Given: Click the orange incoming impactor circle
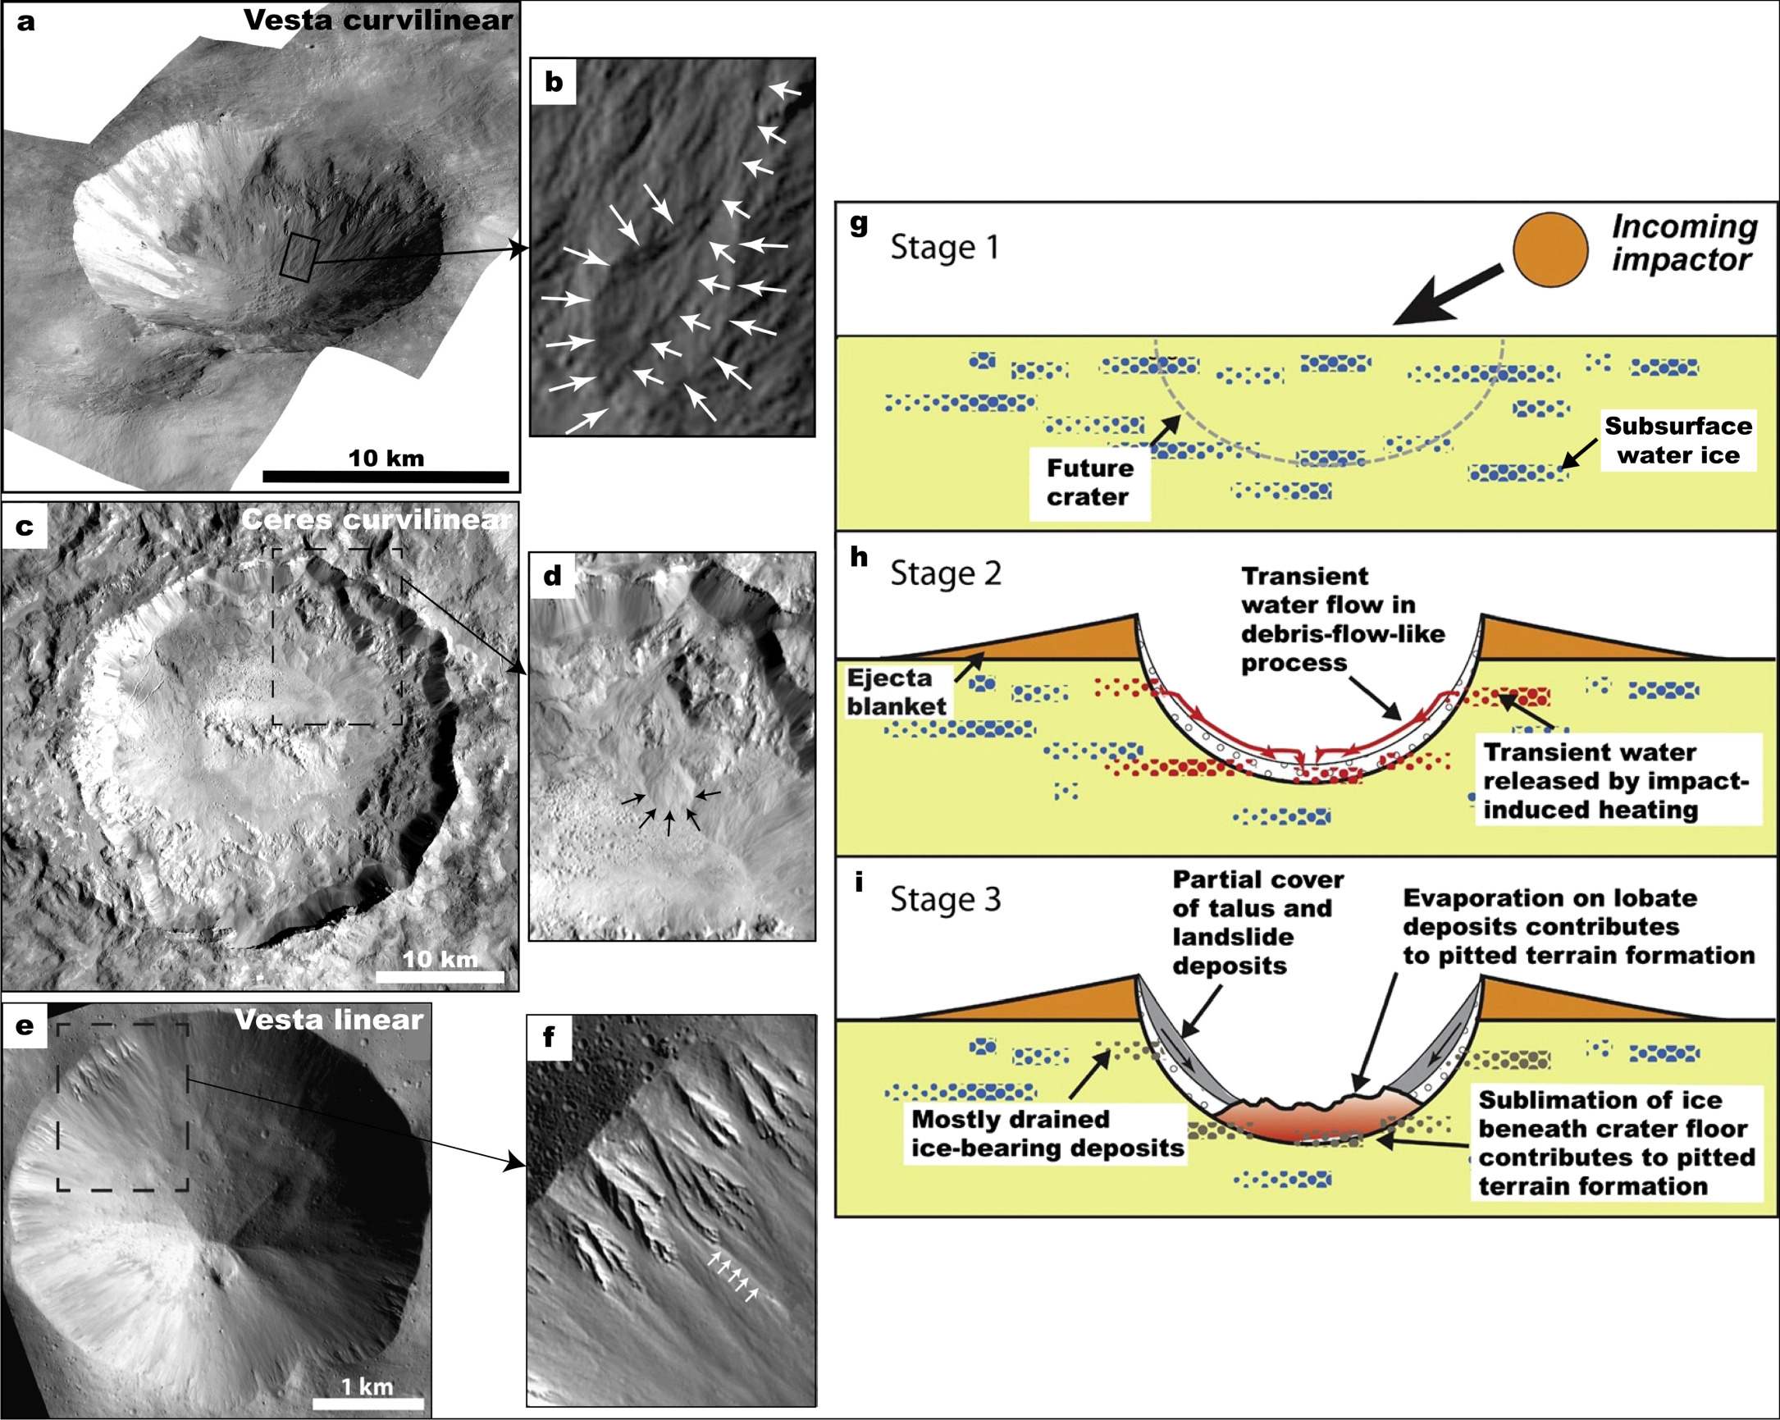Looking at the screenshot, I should click(1550, 249).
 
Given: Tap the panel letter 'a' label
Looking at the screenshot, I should click(26, 21).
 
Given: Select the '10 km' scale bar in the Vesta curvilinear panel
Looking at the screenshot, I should click(386, 477).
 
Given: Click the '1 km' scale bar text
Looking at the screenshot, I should click(367, 1386).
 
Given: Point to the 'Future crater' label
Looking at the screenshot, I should click(1089, 482).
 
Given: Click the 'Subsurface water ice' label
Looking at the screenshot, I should click(1677, 440).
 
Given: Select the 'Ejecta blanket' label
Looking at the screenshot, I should click(896, 692).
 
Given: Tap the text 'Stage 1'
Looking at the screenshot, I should click(944, 247).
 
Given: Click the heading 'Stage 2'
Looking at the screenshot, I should click(945, 573).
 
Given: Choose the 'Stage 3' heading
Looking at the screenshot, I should click(945, 899).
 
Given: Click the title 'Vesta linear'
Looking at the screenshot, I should click(329, 1020).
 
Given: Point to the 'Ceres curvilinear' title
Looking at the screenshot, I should click(377, 519).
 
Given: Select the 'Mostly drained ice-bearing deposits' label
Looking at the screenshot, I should click(1047, 1134).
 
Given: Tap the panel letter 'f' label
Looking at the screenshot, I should click(549, 1036).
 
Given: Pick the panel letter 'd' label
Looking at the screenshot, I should click(552, 574).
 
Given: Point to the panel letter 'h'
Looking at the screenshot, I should click(859, 557).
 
